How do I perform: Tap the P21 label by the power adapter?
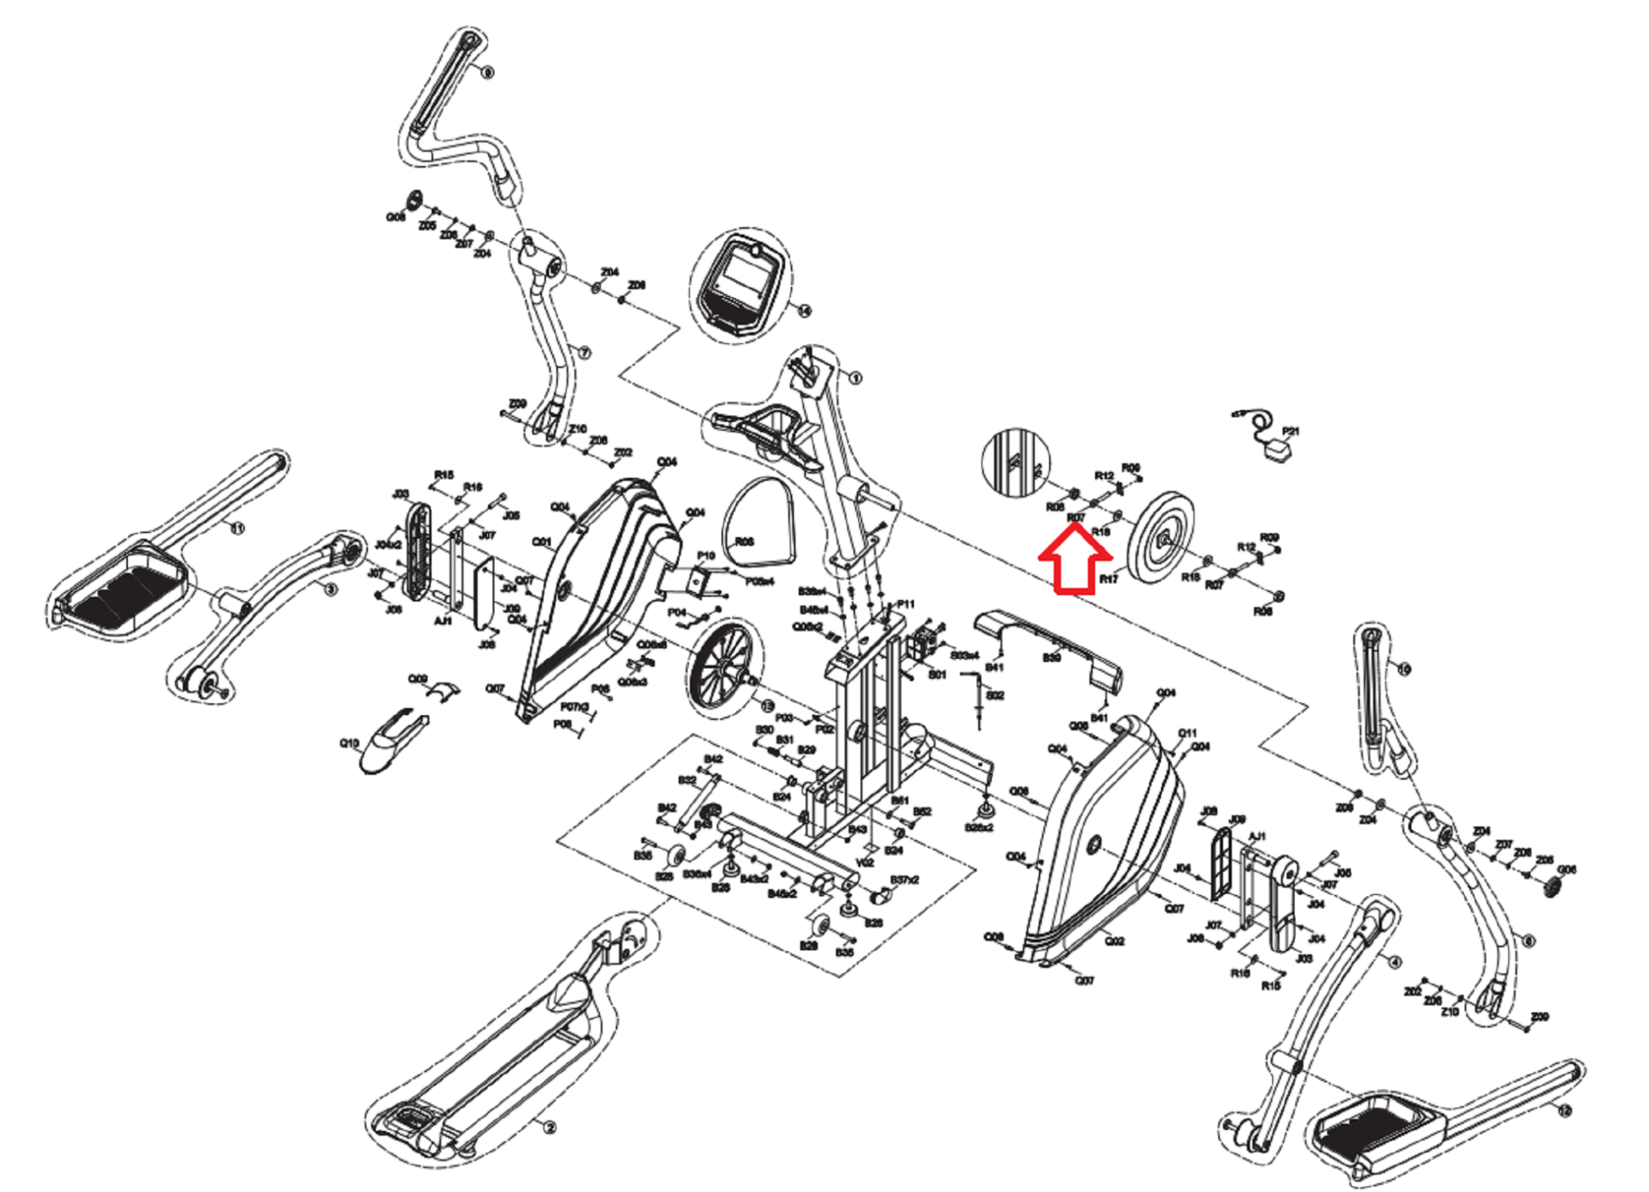click(1290, 432)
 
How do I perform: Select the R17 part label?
click(1109, 579)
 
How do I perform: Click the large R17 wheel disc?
click(1160, 536)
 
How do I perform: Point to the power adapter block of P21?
click(1276, 453)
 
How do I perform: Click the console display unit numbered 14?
click(739, 287)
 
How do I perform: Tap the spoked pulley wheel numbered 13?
click(719, 665)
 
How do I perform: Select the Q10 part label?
click(349, 743)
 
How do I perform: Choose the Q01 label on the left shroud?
click(541, 542)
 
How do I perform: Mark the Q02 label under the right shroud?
click(1114, 941)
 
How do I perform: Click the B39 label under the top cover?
click(1052, 658)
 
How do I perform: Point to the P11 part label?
click(906, 604)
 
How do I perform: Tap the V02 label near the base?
click(865, 863)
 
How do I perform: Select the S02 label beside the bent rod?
click(995, 695)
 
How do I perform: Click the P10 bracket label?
click(705, 556)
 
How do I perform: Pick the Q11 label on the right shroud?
click(1187, 733)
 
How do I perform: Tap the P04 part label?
click(676, 613)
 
